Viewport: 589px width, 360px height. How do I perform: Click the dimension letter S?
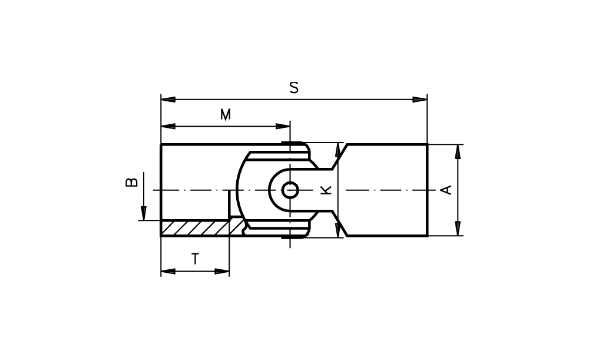(294, 88)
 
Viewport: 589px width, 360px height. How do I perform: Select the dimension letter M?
(226, 114)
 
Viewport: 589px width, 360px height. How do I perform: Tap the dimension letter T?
(195, 259)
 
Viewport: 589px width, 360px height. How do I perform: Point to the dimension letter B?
(131, 182)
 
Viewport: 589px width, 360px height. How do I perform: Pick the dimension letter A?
(446, 190)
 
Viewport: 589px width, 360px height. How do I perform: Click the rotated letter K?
(326, 190)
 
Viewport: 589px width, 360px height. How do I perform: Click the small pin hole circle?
(290, 190)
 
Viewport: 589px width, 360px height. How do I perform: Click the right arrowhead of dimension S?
(420, 100)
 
